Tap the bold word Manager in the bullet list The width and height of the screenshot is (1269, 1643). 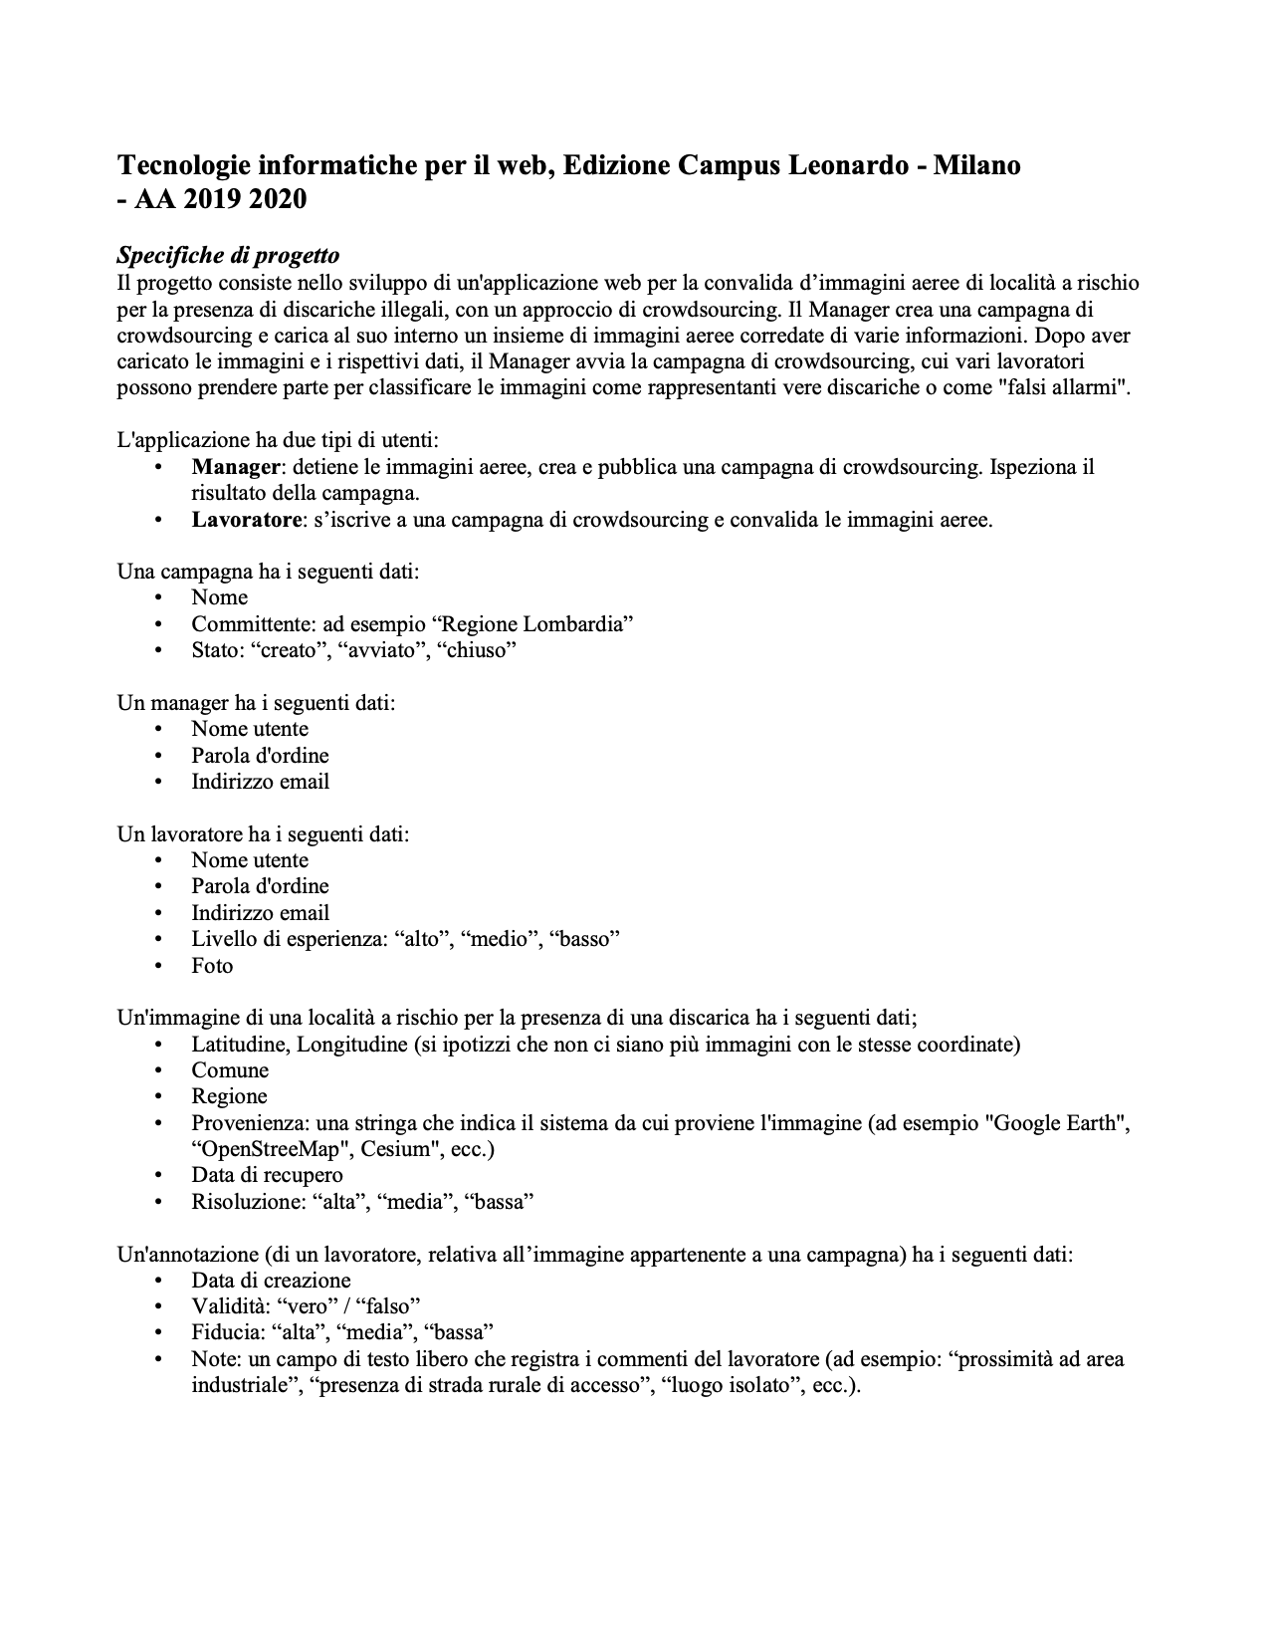click(235, 466)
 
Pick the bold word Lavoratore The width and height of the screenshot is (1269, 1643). click(246, 519)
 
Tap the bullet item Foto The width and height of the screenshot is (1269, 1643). click(212, 965)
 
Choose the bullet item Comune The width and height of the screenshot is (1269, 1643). click(230, 1069)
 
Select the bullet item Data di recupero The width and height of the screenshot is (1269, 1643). click(267, 1175)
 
